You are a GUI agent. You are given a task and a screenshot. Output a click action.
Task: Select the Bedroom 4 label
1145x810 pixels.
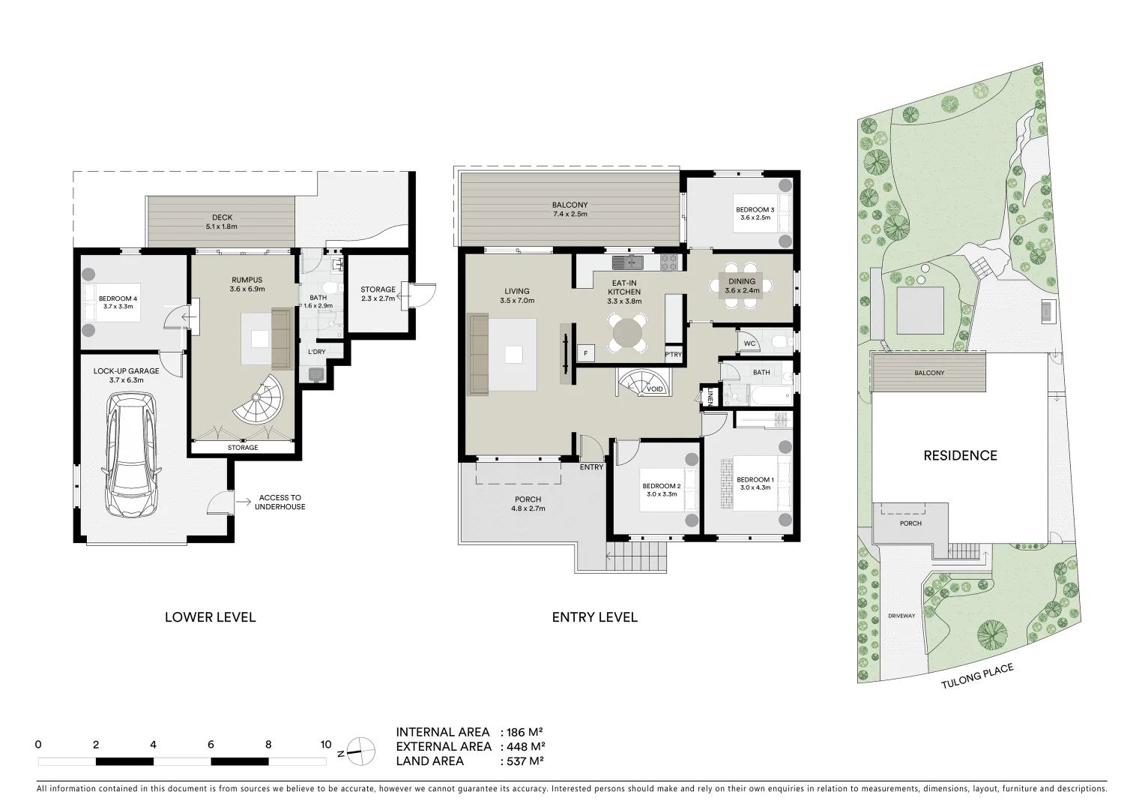(118, 302)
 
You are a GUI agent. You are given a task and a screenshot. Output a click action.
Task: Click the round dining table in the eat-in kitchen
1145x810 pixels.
(627, 331)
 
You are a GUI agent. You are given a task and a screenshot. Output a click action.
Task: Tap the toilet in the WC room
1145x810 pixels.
(779, 343)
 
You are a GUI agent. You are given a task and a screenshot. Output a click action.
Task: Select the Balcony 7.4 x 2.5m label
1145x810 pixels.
(570, 209)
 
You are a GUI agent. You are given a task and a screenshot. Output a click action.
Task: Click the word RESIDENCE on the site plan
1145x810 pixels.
(960, 455)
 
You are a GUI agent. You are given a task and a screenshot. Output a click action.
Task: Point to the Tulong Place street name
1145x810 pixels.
(977, 676)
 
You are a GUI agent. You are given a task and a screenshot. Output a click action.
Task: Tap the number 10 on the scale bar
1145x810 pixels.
(325, 745)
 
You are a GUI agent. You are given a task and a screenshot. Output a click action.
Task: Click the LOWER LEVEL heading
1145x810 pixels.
(210, 617)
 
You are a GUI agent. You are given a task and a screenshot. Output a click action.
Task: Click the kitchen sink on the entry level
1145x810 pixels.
(628, 262)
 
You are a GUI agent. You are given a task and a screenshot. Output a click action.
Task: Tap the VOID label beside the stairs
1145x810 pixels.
(654, 389)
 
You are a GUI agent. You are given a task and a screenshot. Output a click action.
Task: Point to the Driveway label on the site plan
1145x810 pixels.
(901, 616)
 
